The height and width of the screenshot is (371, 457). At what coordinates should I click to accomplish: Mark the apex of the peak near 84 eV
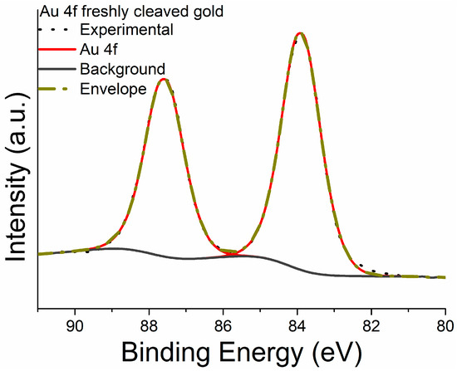coord(300,33)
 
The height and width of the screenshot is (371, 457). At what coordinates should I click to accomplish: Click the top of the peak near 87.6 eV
coord(165,79)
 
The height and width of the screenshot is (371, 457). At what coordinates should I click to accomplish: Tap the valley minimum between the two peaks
coord(235,252)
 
